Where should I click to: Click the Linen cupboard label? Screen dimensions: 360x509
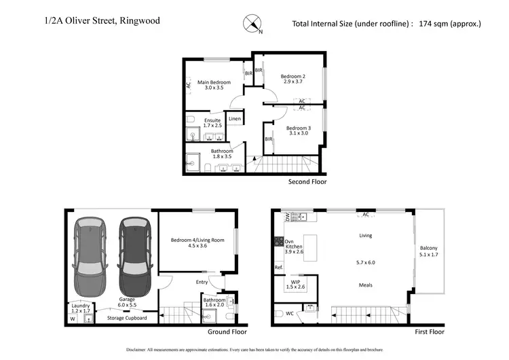pos(234,119)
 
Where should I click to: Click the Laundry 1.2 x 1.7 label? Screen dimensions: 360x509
pos(81,306)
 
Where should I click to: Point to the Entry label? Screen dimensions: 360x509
pos(202,282)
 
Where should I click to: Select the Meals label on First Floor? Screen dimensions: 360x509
pos(366,285)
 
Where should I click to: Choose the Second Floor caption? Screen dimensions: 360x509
pos(308,182)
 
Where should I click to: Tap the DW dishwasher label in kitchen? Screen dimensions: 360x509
pos(287,217)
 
